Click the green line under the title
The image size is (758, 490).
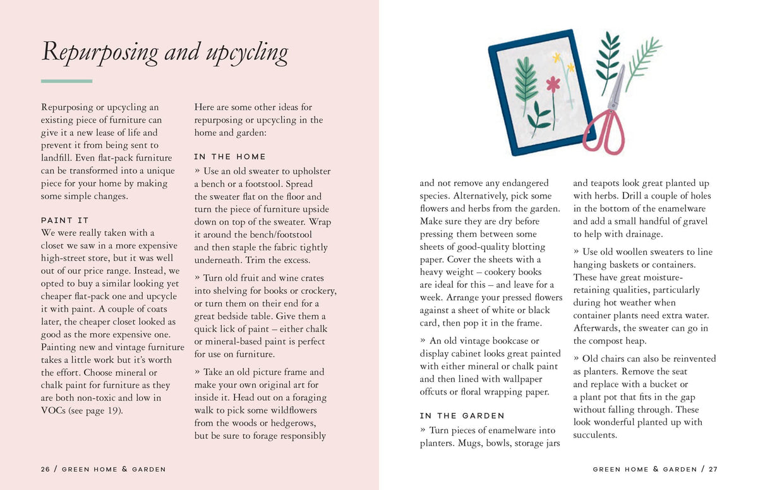click(66, 81)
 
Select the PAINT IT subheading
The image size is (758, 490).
click(65, 220)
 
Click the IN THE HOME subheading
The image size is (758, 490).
click(230, 156)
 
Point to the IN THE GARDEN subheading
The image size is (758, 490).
click(462, 415)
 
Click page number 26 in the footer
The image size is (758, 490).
click(45, 469)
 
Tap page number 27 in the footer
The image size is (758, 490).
click(713, 469)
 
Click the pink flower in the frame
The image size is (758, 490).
click(553, 84)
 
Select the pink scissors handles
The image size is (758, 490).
click(603, 133)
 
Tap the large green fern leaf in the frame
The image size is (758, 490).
click(525, 79)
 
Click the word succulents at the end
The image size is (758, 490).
click(595, 435)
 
